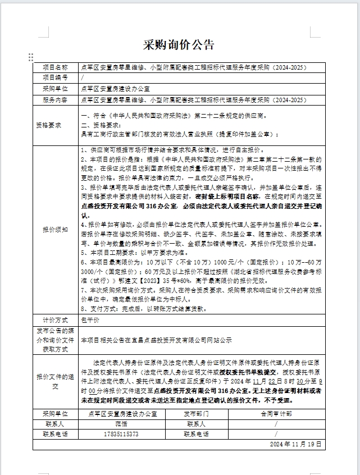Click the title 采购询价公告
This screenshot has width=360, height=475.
pos(180,45)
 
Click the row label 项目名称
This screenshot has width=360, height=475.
pos(55,67)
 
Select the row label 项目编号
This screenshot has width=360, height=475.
pos(55,77)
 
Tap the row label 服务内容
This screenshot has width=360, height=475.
pos(55,100)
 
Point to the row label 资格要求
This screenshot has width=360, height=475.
pos(55,125)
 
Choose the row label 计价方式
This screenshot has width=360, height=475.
pos(55,320)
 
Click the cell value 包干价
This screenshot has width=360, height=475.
pos(90,320)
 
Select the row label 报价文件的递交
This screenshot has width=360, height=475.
pos(55,381)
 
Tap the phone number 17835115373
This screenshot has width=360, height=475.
pos(121,434)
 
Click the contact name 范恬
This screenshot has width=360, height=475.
pos(121,424)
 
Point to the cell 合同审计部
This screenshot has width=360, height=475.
pos(276,413)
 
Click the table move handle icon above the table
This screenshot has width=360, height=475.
pos(31,57)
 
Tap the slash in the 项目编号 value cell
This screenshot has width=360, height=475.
pos(83,77)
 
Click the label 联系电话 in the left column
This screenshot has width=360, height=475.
pos(55,434)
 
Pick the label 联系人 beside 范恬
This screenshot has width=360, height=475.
pos(55,424)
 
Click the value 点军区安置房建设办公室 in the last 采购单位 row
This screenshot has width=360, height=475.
pos(121,413)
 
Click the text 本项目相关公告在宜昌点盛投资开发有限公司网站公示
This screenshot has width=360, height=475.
pos(156,340)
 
